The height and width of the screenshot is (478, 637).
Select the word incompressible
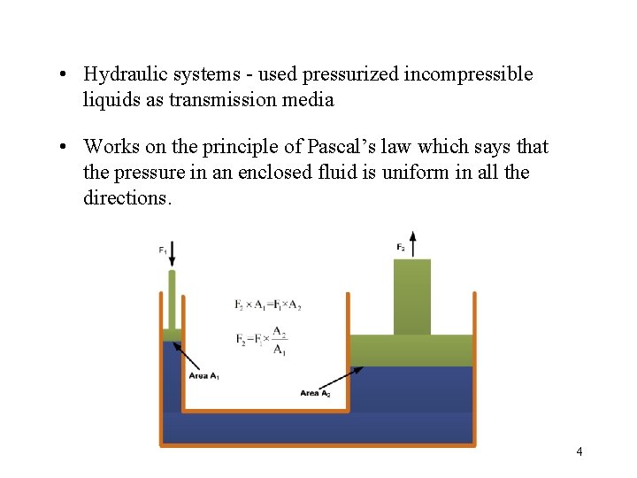point(468,74)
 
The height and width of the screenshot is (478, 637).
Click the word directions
point(127,197)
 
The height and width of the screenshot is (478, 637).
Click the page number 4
point(579,451)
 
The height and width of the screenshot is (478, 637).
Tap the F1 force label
point(163,251)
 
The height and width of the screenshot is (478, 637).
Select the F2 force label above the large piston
point(401,246)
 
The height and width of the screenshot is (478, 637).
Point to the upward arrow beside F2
point(412,243)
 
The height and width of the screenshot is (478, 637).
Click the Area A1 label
point(204,375)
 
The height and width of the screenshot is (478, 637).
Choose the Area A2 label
point(315,393)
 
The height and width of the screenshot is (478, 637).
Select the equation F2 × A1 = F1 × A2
point(268,305)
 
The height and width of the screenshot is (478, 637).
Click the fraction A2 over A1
point(279,340)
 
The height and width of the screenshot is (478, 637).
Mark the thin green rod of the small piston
point(172,299)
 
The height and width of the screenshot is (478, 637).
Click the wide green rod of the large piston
point(412,297)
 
